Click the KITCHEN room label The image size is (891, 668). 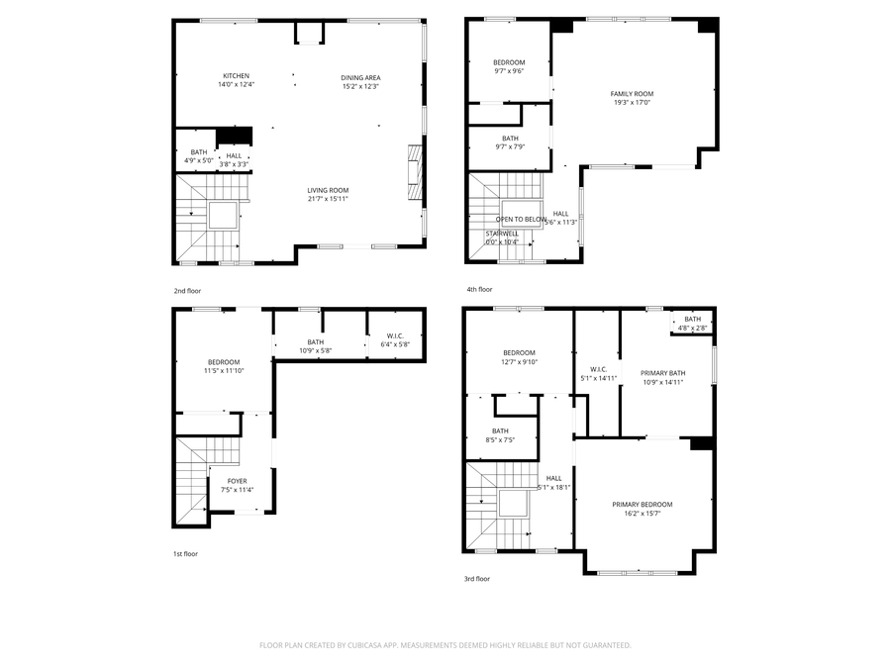click(x=237, y=76)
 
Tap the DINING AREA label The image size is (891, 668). click(x=360, y=78)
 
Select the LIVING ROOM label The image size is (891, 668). click(x=327, y=190)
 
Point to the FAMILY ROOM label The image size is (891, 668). click(x=632, y=94)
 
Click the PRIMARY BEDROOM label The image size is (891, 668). click(x=642, y=504)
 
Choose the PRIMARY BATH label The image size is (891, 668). click(x=663, y=373)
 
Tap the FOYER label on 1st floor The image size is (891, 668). click(x=238, y=481)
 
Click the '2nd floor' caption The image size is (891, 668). click(x=187, y=291)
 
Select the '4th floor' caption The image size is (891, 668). click(x=479, y=289)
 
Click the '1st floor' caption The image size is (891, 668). click(x=185, y=554)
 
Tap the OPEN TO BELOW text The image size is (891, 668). click(x=521, y=219)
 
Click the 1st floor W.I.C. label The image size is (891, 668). click(x=395, y=336)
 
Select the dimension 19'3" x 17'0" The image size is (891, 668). click(x=632, y=102)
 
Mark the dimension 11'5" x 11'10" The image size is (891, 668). click(x=224, y=370)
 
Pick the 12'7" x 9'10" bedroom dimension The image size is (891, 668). click(x=519, y=361)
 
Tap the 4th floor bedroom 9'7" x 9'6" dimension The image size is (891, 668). click(x=509, y=71)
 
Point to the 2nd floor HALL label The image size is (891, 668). click(x=234, y=155)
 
